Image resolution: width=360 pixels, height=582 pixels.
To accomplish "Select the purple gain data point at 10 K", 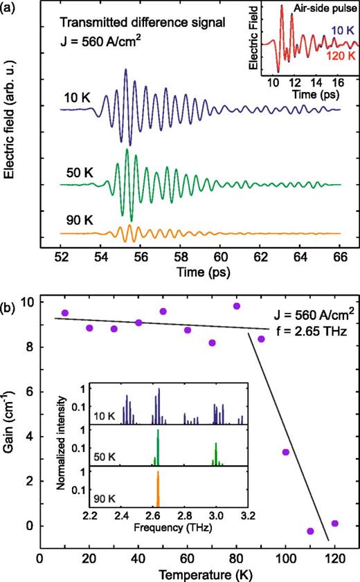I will (x=65, y=313).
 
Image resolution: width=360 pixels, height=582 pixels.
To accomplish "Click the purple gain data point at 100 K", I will (x=285, y=452).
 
